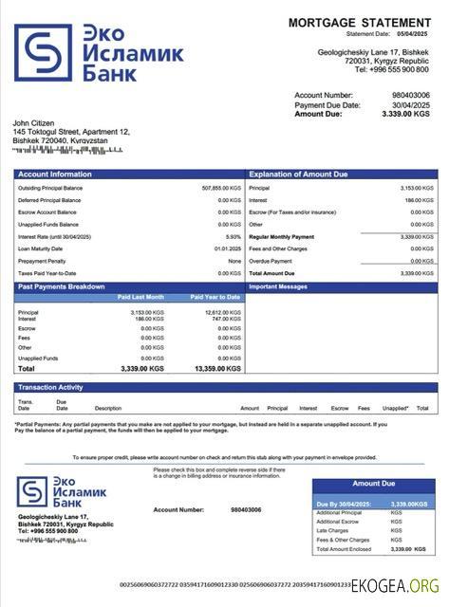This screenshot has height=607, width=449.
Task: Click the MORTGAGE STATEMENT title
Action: point(359,22)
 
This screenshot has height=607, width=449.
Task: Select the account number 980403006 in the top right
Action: point(410,96)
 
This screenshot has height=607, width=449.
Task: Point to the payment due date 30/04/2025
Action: point(410,104)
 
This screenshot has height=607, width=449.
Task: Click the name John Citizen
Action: point(34,123)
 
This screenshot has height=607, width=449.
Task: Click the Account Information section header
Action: point(55,175)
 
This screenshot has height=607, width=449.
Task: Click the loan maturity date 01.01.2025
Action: point(228,248)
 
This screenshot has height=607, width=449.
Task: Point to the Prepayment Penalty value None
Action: point(234,261)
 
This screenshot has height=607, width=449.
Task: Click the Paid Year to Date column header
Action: point(215,297)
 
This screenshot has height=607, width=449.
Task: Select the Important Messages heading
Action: point(278,285)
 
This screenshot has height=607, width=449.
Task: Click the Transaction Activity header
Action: point(50,387)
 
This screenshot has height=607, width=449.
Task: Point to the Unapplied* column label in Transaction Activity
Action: point(395,408)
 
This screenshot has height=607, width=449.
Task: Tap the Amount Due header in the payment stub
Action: point(373,484)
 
